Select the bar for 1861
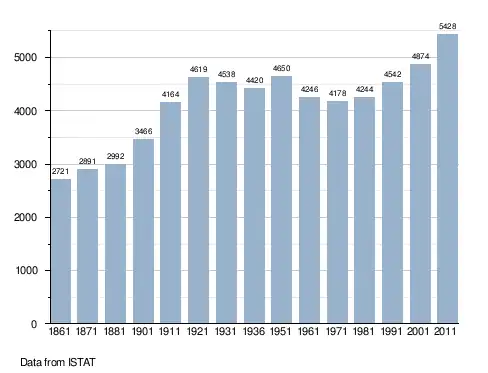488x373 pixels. (61, 251)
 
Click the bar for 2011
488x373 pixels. (447, 178)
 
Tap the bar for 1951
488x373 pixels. (281, 199)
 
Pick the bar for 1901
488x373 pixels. (143, 231)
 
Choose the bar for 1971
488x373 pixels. (337, 212)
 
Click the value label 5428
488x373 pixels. (447, 26)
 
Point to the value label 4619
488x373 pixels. (199, 69)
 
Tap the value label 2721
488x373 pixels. (60, 171)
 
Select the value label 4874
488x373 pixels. (420, 56)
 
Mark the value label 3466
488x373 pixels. (143, 131)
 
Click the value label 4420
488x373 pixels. (255, 80)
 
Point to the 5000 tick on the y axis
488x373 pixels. (25, 57)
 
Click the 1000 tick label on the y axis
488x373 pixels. (27, 270)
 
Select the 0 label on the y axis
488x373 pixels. (34, 324)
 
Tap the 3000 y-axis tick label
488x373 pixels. (25, 164)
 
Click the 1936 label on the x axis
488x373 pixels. (254, 331)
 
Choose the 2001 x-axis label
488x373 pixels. (418, 331)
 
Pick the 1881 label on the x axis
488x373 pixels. (114, 331)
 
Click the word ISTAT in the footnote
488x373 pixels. (82, 362)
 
